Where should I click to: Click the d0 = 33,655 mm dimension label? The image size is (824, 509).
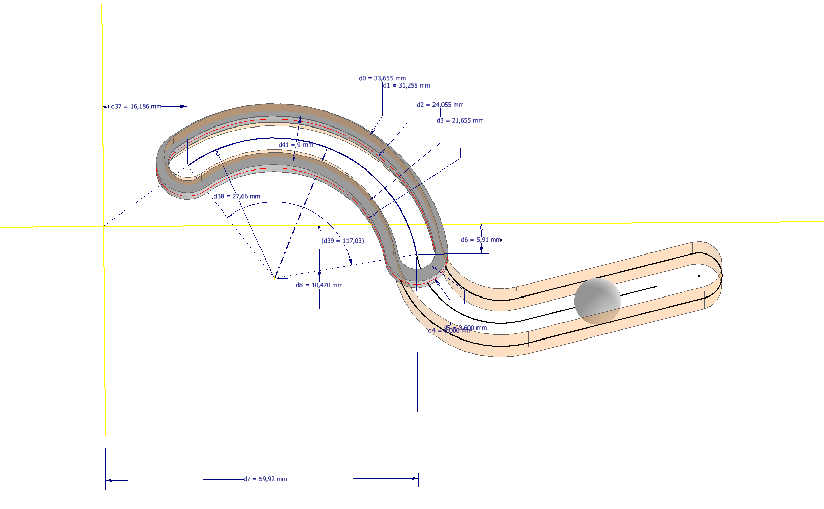(x=382, y=78)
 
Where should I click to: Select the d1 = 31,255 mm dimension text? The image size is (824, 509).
(x=406, y=86)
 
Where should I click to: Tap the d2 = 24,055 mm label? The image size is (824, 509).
(x=440, y=105)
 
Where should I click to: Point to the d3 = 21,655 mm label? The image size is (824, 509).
(x=460, y=121)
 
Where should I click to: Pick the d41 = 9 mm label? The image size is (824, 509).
(x=296, y=145)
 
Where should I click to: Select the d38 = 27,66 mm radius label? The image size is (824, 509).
(x=237, y=196)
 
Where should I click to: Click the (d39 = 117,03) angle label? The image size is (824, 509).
(x=342, y=241)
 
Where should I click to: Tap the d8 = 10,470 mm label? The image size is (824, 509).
(x=319, y=285)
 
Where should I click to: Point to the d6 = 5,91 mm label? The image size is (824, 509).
(x=481, y=240)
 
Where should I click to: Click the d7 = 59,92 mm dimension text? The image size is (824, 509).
(x=265, y=479)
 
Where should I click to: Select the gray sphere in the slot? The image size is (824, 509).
(x=597, y=301)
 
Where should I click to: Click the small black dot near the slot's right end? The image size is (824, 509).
(x=699, y=276)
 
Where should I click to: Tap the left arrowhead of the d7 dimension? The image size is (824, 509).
(x=108, y=480)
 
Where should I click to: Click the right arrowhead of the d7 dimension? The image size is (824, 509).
(x=415, y=478)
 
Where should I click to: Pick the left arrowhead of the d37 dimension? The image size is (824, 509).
(x=106, y=107)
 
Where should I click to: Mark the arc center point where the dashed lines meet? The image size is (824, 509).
(x=275, y=278)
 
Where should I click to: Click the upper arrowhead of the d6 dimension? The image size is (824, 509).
(x=481, y=227)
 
